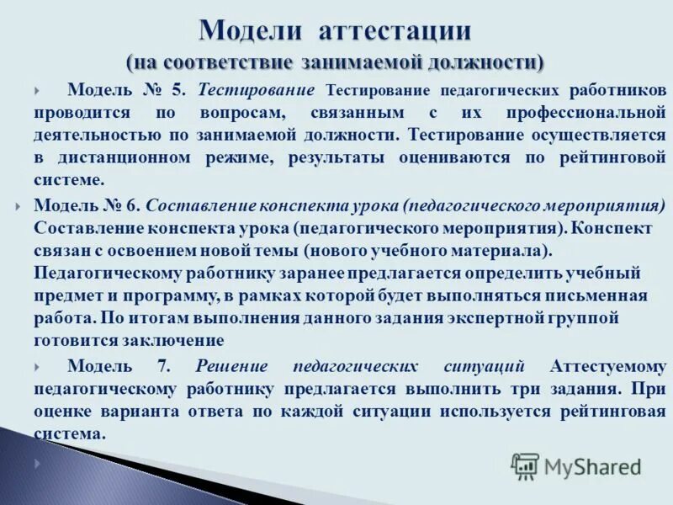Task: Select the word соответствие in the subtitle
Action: point(230,63)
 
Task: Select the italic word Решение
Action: point(231,366)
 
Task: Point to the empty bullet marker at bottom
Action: point(38,464)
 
